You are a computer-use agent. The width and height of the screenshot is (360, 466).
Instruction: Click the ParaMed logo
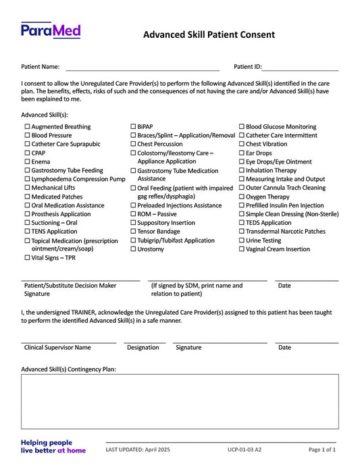pos(51,30)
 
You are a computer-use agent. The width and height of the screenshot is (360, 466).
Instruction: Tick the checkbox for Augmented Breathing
pos(27,127)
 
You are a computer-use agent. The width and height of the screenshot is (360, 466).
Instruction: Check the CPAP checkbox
pos(27,153)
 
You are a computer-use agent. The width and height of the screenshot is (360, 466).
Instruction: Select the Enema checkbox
pos(27,162)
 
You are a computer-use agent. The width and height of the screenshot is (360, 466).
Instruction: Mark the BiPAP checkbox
pos(133,127)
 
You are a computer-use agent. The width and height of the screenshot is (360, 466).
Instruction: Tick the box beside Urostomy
pos(133,249)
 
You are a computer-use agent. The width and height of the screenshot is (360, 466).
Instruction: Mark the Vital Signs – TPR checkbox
pos(27,257)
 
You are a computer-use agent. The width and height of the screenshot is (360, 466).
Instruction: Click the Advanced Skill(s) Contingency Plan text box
pos(180,401)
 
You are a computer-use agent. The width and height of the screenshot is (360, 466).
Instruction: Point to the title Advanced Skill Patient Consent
pos(209,34)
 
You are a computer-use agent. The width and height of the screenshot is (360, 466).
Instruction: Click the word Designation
pos(143,348)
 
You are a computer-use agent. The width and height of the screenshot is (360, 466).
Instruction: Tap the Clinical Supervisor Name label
pos(57,348)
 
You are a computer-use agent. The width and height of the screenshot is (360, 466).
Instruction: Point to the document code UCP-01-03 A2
pos(245,449)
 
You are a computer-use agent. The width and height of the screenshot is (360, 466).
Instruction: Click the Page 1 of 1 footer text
pos(322,449)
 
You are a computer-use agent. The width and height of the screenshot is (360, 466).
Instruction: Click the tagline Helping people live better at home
pos(53,446)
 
